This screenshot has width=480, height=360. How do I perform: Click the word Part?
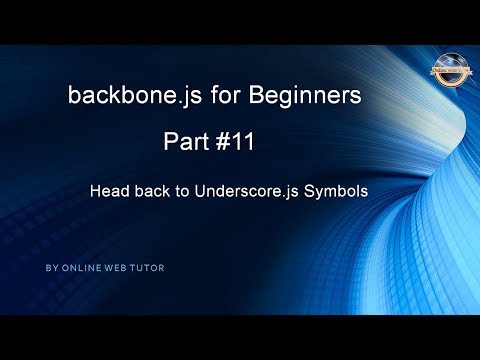click(x=185, y=143)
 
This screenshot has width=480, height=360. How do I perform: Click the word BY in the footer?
click(x=51, y=269)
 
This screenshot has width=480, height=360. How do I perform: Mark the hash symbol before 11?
click(x=222, y=143)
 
